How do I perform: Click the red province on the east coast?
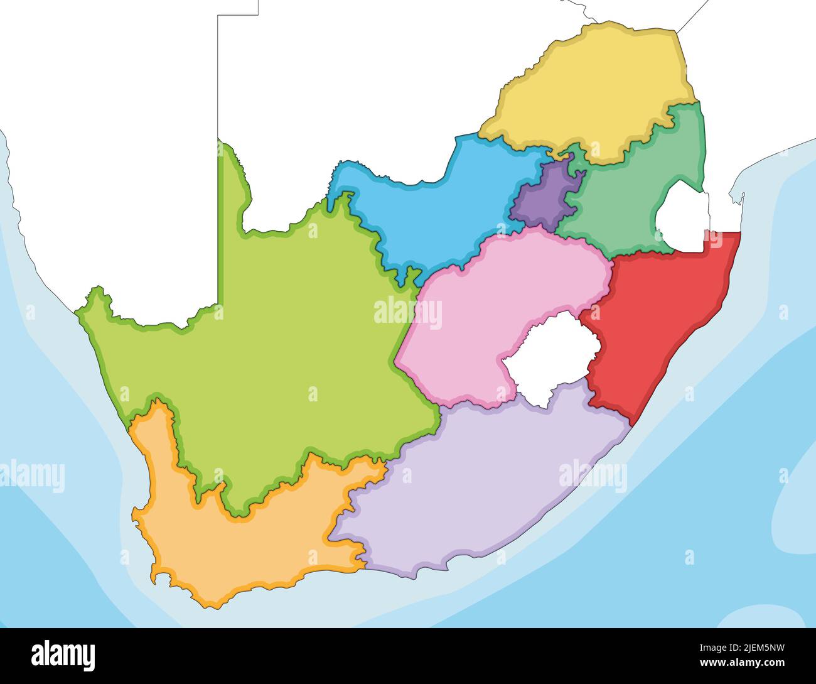tap(653, 314)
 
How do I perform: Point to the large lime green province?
tap(264, 352)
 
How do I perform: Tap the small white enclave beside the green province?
tap(681, 217)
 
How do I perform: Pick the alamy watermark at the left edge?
tap(31, 475)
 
